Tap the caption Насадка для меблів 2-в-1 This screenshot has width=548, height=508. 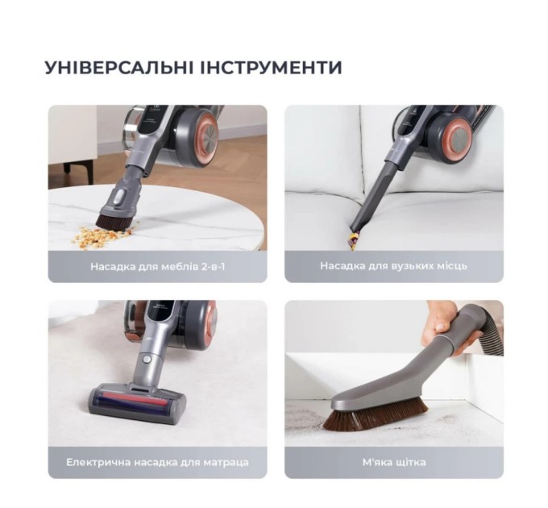point(157,265)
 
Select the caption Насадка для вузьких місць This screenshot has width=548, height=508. point(393,265)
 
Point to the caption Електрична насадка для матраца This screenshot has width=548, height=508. point(157,462)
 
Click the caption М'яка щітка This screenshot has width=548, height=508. point(393,462)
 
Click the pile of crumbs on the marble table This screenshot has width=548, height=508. point(101,236)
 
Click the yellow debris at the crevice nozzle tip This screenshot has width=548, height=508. point(353,237)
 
